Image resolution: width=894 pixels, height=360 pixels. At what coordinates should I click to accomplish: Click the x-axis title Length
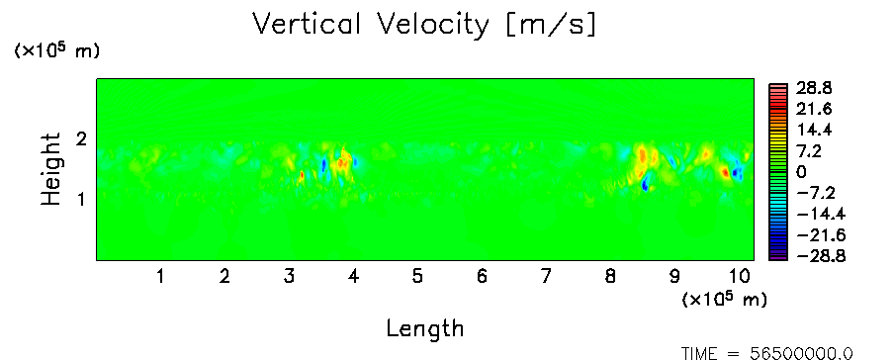click(x=425, y=329)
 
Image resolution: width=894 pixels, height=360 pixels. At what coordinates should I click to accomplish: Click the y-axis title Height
click(x=50, y=169)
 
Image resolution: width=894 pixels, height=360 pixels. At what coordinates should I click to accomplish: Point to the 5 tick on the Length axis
click(x=417, y=277)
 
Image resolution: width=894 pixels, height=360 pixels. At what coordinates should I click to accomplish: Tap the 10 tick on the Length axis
click(x=740, y=277)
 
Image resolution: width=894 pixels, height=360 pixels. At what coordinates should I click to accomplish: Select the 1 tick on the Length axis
click(x=161, y=277)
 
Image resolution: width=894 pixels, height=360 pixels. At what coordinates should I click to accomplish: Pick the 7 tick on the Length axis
click(x=546, y=277)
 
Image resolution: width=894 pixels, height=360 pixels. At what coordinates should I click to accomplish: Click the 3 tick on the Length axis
click(x=289, y=277)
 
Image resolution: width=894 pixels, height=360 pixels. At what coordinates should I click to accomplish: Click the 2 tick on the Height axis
click(x=81, y=139)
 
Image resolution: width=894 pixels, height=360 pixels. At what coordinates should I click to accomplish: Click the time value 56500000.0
click(x=802, y=354)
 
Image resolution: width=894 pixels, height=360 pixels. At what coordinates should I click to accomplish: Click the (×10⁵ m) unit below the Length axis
click(x=724, y=298)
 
